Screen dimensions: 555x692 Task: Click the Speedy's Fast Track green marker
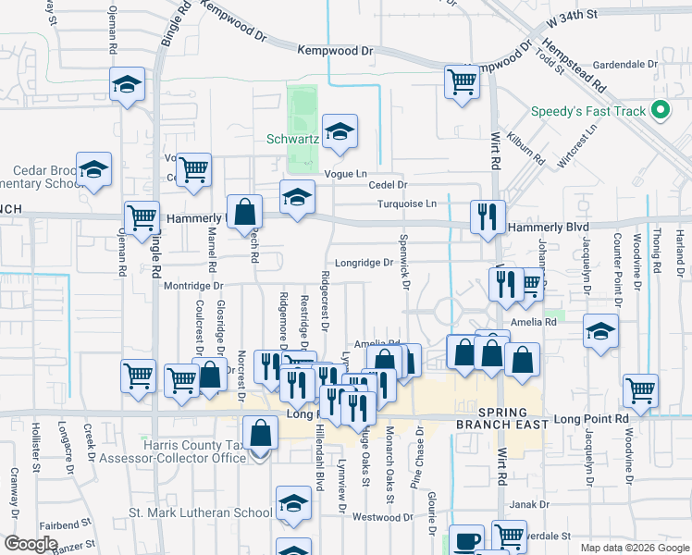[660, 111]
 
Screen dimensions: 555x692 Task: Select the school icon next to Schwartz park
[340, 132]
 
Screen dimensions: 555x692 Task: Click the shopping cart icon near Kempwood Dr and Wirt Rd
[462, 80]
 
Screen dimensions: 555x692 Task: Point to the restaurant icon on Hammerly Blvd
[488, 217]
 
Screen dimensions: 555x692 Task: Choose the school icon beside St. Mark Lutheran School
[293, 505]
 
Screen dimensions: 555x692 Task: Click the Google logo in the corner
[31, 544]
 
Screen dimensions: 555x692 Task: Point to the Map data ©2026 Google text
[635, 548]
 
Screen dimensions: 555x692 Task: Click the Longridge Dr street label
[365, 263]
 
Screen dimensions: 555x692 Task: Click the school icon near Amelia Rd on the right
[600, 331]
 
